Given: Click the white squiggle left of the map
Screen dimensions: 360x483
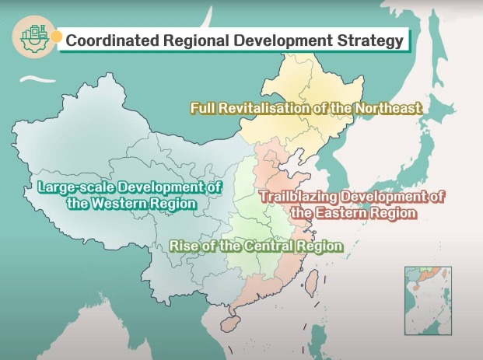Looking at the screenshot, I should click(x=33, y=79).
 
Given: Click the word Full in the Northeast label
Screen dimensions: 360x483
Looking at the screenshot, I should click(x=203, y=108).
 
